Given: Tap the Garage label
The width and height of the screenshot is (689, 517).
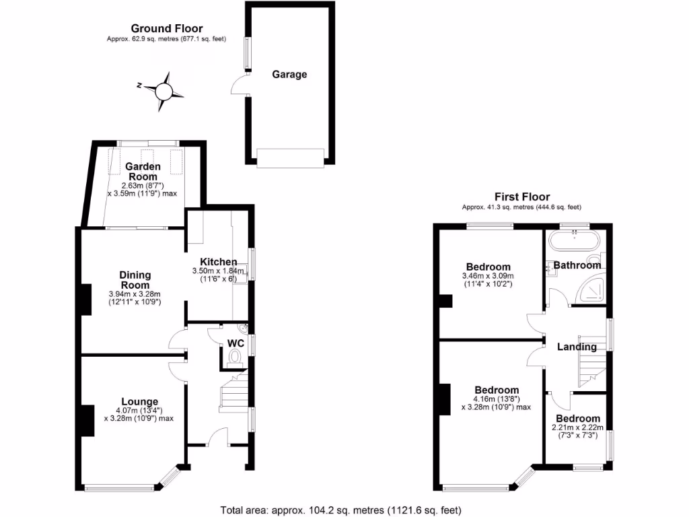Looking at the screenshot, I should coord(289,75).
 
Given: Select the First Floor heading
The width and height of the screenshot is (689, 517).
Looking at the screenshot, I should coord(521,197).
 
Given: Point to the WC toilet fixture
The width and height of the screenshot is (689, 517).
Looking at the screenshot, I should coord(235,360).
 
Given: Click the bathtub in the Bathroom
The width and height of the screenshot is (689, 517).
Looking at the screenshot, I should coord(574,241).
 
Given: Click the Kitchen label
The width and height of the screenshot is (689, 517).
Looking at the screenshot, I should coord(219,262).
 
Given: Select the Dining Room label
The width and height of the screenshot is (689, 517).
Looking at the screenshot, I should coord(135,279).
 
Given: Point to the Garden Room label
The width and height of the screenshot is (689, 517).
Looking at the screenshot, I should coord(141,172).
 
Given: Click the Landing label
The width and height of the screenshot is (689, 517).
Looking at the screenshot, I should coord(577,347).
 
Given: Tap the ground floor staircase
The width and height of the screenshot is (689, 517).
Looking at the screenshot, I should coord(234,393).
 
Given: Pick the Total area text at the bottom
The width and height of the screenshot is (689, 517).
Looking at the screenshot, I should coord(340,510).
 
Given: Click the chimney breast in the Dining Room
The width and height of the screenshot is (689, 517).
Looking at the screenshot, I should coord(86,300).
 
